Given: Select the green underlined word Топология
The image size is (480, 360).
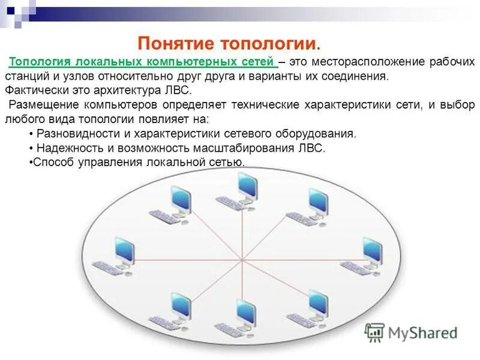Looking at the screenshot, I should pos(40,62).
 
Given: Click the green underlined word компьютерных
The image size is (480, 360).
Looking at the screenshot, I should pos(191,62).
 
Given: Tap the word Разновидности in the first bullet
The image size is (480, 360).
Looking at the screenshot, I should pos(73,133).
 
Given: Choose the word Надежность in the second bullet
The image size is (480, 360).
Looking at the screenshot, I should pos(67,148).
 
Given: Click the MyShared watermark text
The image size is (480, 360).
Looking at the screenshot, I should pos(423,332).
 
